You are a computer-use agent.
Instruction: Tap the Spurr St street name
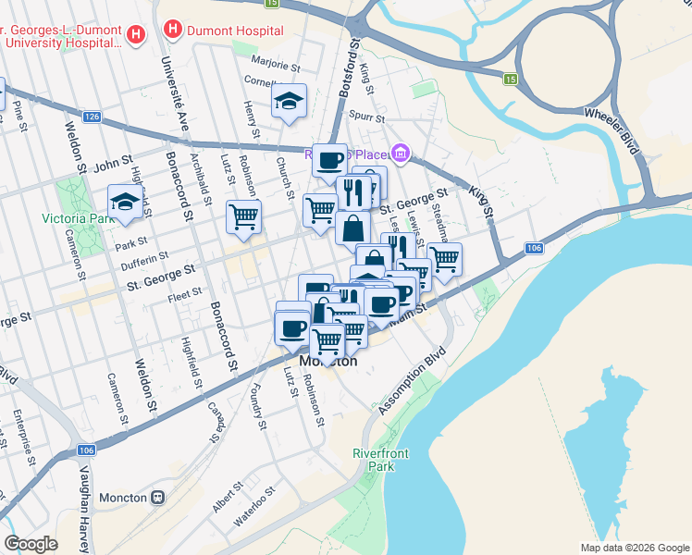point(367,116)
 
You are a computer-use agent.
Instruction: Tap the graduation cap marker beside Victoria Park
point(125,202)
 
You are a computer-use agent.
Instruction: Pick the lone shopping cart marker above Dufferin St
point(244,216)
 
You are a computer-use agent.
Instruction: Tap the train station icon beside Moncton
point(158,498)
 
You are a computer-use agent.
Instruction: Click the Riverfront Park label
point(375,460)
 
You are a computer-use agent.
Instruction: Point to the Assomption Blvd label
point(413,379)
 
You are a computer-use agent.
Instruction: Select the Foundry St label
point(259,412)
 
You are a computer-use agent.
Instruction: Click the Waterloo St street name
point(254,508)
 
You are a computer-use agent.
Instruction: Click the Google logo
point(31,544)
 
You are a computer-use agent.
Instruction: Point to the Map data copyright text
point(634,548)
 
